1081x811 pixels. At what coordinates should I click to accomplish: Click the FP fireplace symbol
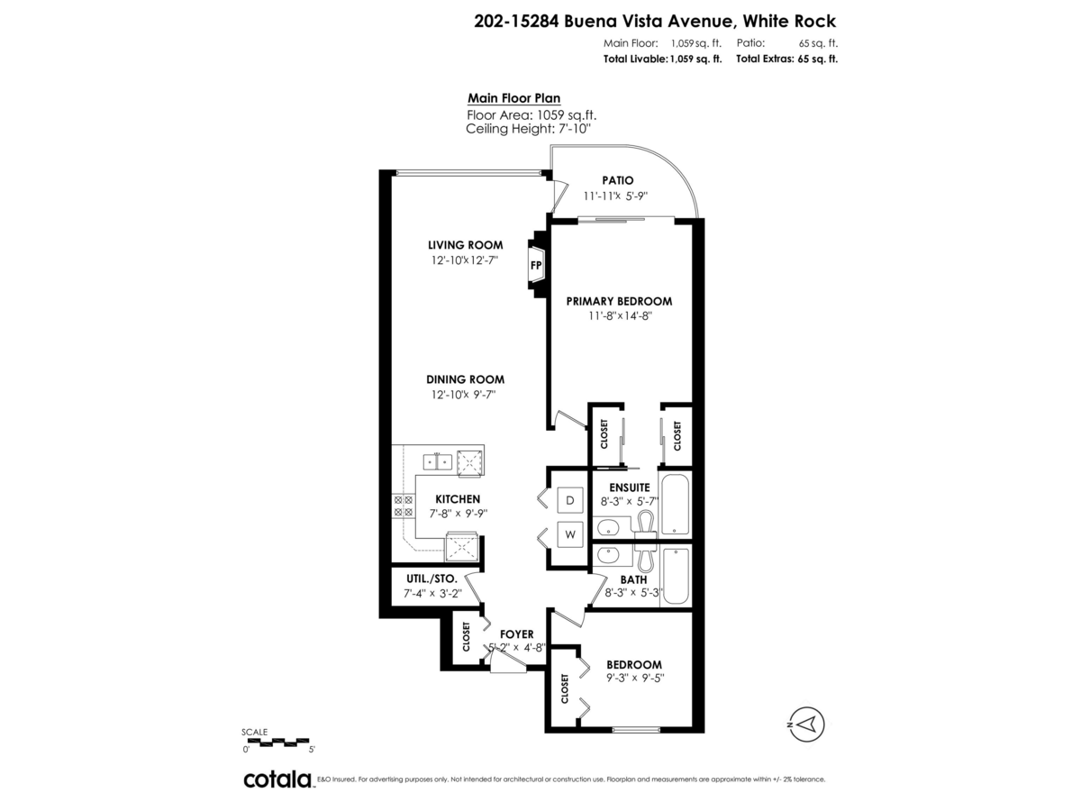coord(536,265)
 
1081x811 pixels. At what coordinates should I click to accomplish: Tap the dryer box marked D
coord(570,500)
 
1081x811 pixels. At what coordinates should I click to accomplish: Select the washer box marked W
coord(570,534)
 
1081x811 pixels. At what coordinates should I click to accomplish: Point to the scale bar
coord(277,743)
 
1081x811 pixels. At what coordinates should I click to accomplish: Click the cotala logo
coord(277,779)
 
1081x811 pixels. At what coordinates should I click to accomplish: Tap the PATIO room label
coord(618,180)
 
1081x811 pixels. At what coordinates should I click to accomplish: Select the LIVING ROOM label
coord(465,245)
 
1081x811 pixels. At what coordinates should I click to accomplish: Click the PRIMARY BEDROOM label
coord(619,301)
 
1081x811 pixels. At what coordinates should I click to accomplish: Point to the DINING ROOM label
coord(465,379)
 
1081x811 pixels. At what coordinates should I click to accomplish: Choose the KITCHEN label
coord(458,498)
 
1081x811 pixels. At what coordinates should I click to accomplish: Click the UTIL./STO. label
coord(430,578)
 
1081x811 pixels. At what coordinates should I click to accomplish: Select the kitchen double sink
coord(439,461)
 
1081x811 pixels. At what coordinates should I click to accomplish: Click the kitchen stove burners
coord(403,506)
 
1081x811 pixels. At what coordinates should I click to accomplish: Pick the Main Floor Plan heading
coord(514,99)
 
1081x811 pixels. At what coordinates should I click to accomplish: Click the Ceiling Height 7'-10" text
coord(528,129)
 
